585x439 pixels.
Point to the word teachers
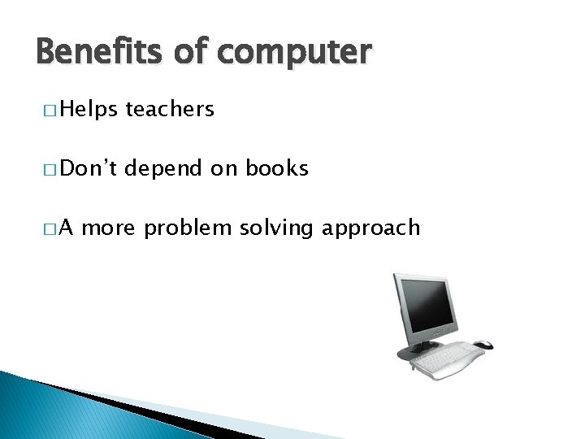[170, 109]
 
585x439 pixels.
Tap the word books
[277, 168]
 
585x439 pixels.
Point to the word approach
[371, 228]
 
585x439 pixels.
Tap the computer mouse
[483, 345]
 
